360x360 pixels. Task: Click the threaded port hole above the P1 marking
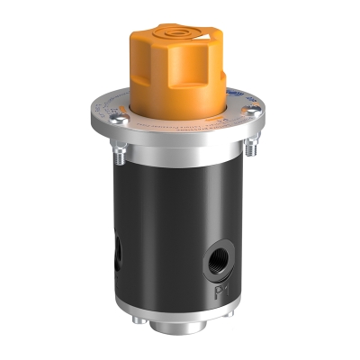[x=220, y=261]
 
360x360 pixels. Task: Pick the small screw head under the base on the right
[x=233, y=323]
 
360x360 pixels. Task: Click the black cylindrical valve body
[x=171, y=225]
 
